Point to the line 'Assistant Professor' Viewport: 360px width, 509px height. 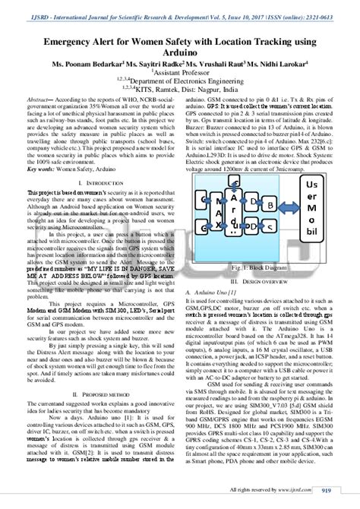[180, 76]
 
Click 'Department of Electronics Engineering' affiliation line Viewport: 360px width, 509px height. [180, 86]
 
